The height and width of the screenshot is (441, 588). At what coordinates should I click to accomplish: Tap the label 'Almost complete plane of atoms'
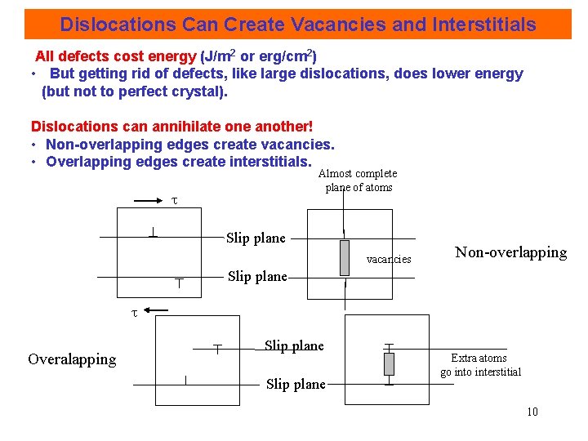(358, 180)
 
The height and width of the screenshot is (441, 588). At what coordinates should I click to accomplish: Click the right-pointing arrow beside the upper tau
(148, 198)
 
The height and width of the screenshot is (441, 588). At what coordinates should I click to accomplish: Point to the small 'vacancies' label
(389, 259)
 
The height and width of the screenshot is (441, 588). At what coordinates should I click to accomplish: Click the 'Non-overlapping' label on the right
(510, 252)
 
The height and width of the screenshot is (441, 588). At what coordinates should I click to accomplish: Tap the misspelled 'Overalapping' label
(72, 359)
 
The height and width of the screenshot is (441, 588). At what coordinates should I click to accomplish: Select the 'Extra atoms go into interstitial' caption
(480, 365)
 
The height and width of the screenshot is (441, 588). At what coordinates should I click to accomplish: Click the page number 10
(532, 412)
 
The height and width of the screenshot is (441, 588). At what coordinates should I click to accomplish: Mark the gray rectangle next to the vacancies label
(345, 258)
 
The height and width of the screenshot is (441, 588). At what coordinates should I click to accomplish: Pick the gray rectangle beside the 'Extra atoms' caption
(389, 363)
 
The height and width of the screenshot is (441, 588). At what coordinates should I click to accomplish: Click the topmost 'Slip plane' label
(256, 238)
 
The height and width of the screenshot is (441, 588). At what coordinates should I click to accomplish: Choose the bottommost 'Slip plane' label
(296, 384)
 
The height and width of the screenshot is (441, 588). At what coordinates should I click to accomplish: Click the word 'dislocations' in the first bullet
(345, 73)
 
